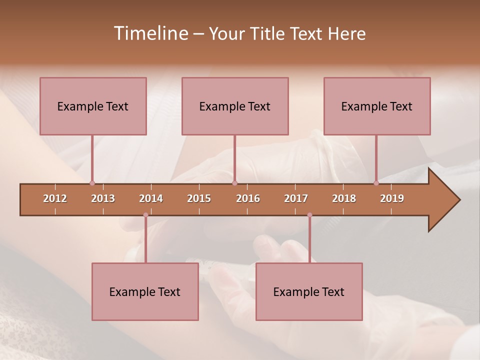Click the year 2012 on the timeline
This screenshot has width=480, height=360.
click(x=55, y=198)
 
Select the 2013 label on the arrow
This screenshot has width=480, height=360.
click(x=103, y=198)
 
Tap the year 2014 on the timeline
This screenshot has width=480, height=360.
click(x=151, y=198)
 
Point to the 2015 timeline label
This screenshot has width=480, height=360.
click(x=199, y=198)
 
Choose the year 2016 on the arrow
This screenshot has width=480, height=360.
click(x=248, y=198)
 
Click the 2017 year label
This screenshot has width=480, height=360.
click(x=296, y=198)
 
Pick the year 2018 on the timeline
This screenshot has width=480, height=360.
click(x=344, y=198)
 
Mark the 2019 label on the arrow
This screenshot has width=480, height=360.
click(x=392, y=198)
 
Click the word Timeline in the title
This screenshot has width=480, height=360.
click(x=150, y=33)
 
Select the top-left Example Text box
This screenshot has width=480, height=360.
click(x=93, y=106)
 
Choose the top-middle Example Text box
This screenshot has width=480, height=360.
click(x=235, y=106)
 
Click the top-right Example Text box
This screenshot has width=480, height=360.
click(x=377, y=106)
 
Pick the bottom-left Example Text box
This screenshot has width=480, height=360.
click(x=145, y=291)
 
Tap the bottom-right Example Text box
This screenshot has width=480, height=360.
click(x=309, y=291)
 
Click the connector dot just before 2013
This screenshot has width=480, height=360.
click(x=92, y=183)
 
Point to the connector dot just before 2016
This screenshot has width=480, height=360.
click(x=234, y=183)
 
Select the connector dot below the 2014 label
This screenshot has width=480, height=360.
click(x=145, y=215)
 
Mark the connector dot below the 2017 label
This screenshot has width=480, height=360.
click(x=309, y=215)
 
